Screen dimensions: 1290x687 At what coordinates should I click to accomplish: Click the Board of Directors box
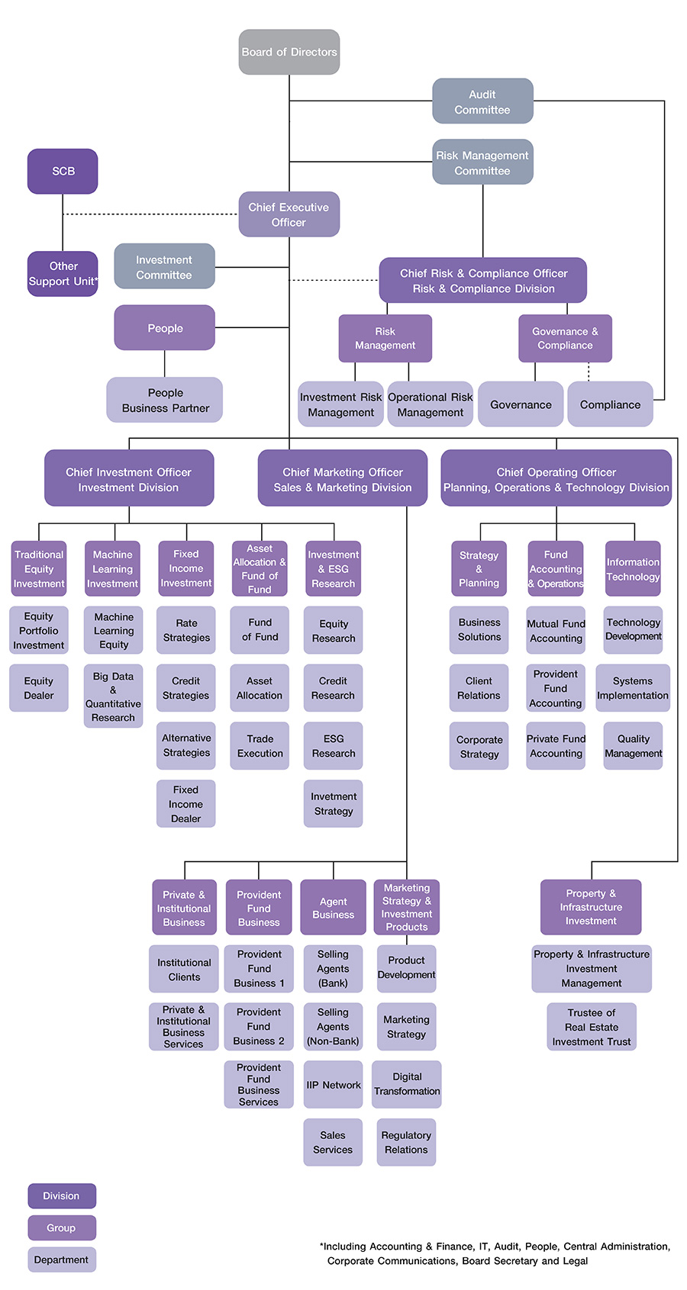(289, 52)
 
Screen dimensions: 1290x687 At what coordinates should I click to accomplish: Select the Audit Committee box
(482, 101)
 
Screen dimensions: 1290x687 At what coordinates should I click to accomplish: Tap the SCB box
(63, 171)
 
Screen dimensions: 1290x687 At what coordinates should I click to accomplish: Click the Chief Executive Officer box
(289, 214)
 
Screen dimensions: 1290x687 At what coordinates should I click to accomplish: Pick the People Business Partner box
(165, 400)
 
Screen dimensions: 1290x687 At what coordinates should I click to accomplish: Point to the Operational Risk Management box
(431, 404)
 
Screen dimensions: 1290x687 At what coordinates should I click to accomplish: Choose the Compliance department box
(610, 404)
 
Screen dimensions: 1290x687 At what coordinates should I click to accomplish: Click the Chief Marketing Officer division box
(342, 479)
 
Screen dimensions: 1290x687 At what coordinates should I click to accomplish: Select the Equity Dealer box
(38, 688)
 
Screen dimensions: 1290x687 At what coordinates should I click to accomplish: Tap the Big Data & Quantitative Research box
(113, 696)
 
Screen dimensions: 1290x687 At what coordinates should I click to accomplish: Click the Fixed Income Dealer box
(185, 804)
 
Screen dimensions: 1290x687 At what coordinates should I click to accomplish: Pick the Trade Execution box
(260, 746)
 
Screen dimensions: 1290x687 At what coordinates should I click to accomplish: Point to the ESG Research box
(334, 746)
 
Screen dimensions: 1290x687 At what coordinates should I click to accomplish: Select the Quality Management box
(633, 746)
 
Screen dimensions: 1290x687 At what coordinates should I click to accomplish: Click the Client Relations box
(479, 688)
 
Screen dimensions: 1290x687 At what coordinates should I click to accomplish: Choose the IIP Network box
(333, 1085)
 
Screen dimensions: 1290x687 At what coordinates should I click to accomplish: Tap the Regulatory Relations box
(406, 1142)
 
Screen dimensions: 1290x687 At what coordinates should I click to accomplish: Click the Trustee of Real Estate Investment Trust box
(592, 1027)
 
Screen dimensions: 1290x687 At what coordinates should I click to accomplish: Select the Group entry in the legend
(62, 1227)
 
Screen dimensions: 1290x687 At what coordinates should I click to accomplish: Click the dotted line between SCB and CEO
(153, 214)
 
